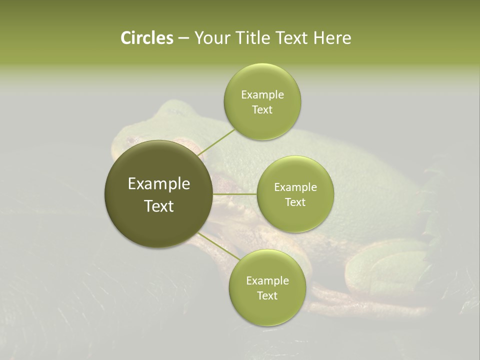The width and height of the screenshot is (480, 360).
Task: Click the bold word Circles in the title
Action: [146, 38]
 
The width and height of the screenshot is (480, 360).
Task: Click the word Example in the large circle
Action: [158, 184]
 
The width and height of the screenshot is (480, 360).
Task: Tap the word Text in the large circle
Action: [158, 206]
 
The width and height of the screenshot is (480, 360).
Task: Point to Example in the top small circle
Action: [262, 95]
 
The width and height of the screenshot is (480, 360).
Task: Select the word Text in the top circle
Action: [262, 110]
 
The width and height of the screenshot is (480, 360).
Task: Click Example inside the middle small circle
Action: [295, 187]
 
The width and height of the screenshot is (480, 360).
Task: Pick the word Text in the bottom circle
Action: [267, 296]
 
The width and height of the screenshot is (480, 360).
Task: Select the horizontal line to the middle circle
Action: [234, 193]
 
